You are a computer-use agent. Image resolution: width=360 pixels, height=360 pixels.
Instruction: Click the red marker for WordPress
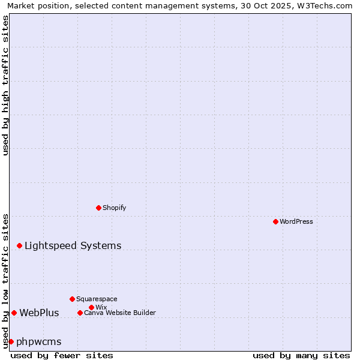click(275, 221)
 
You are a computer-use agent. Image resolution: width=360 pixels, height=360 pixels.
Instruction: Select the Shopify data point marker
click(98, 208)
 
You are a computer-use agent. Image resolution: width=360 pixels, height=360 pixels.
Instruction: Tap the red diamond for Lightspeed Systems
click(19, 245)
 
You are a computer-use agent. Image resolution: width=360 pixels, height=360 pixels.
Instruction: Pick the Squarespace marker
click(72, 299)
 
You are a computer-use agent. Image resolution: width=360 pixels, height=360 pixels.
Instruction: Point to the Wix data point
click(91, 307)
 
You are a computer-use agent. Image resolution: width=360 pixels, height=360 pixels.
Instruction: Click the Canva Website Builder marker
click(80, 313)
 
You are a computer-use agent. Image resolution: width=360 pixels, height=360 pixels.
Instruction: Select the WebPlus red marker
click(14, 313)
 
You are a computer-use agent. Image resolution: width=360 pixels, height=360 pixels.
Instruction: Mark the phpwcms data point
click(11, 341)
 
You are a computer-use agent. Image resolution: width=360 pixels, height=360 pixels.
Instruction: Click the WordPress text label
click(296, 221)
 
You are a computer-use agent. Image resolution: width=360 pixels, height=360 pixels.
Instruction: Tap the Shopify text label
click(114, 208)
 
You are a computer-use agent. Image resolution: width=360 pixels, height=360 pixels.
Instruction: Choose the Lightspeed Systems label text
click(73, 245)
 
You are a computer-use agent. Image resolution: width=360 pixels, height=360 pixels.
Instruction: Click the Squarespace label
click(97, 299)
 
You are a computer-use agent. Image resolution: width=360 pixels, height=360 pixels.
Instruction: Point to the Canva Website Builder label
click(119, 313)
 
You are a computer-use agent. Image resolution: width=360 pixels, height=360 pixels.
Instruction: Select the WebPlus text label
click(39, 313)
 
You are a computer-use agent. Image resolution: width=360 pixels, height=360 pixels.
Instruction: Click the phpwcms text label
click(39, 341)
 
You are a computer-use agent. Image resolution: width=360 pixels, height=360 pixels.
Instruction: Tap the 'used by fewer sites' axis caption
click(62, 355)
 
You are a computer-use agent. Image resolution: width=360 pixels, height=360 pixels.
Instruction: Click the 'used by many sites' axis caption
click(301, 355)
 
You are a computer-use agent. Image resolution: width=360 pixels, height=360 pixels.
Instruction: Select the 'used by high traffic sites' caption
click(5, 85)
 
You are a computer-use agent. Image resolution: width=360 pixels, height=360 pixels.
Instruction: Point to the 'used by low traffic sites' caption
click(5, 280)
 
